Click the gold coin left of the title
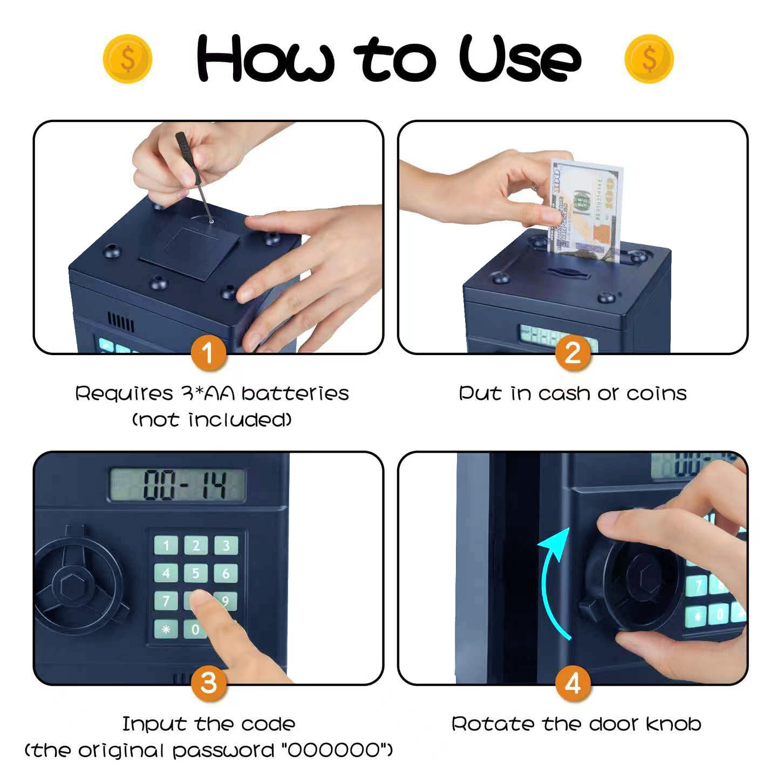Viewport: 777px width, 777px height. coord(127,59)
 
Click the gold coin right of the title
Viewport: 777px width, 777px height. coord(649,59)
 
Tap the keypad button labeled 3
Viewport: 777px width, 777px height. coord(226,545)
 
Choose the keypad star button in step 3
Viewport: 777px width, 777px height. coord(166,629)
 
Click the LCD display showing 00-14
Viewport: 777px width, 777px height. coord(178,485)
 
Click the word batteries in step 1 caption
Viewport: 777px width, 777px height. coord(295,393)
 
